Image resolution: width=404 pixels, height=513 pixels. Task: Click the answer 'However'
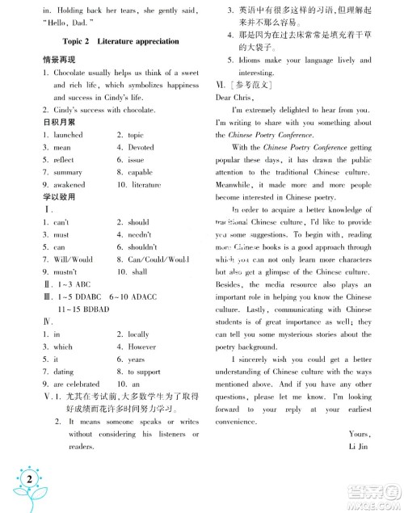(x=141, y=346)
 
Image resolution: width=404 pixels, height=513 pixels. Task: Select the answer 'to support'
(x=144, y=372)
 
